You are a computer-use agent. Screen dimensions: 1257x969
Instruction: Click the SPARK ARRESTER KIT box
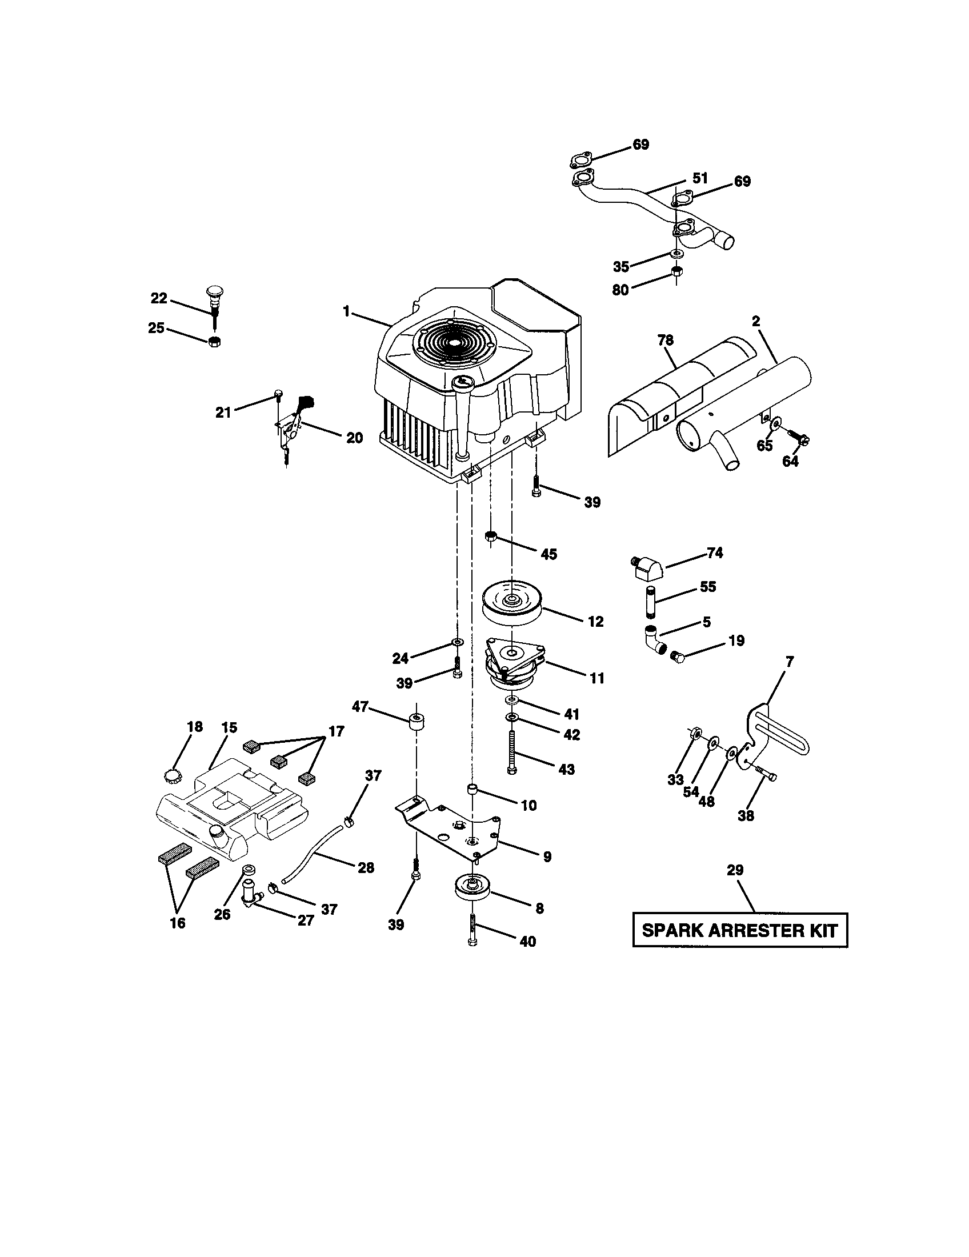(740, 930)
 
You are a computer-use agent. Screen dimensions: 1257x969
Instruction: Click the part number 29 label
(735, 870)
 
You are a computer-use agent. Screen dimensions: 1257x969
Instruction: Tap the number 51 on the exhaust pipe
(700, 178)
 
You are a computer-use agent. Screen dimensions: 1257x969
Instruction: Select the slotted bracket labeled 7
(777, 731)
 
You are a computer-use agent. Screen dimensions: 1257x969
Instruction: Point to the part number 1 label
(346, 311)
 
